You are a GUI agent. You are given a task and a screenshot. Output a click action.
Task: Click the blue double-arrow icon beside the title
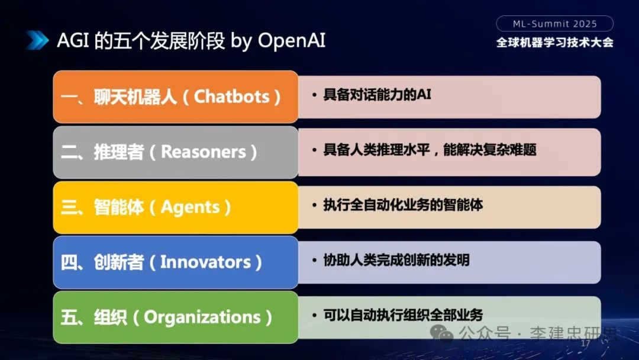(37, 40)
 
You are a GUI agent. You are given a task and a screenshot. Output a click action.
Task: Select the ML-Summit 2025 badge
(554, 24)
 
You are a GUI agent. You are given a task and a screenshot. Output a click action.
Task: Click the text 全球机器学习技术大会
(554, 43)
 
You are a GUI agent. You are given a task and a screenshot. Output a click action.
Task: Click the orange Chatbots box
(175, 97)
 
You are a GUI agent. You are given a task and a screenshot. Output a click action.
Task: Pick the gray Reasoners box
(175, 152)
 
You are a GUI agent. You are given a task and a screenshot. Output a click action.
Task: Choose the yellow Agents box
(175, 207)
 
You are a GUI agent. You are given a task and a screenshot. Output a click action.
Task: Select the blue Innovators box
(175, 262)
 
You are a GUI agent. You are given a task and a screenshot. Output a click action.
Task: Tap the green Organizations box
(175, 317)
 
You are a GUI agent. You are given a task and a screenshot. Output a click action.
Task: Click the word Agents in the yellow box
(190, 207)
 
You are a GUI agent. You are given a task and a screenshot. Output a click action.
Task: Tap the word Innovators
(205, 262)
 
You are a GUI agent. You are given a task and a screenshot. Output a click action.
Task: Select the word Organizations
(202, 317)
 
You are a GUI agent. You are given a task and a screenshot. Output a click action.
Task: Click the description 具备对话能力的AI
(377, 95)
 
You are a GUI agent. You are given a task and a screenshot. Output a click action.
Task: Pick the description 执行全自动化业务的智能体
(403, 205)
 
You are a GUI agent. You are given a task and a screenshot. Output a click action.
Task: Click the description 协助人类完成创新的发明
(396, 260)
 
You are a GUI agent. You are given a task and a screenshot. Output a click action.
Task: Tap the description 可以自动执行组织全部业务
(403, 314)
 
